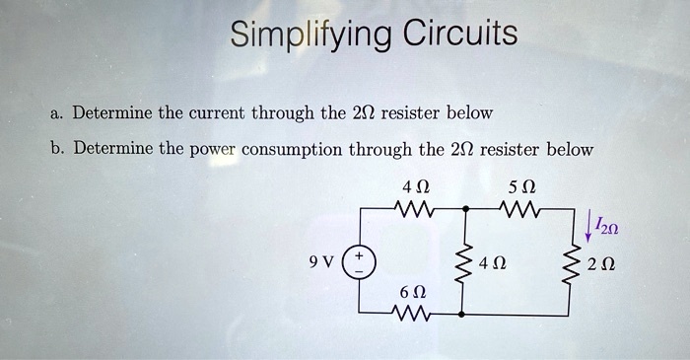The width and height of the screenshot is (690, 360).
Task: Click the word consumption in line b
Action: [x=293, y=151]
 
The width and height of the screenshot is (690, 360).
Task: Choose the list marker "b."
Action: [x=56, y=150]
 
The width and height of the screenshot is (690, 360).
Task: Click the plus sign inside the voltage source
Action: [x=359, y=253]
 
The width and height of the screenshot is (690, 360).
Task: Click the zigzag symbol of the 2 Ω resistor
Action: [x=569, y=263]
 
